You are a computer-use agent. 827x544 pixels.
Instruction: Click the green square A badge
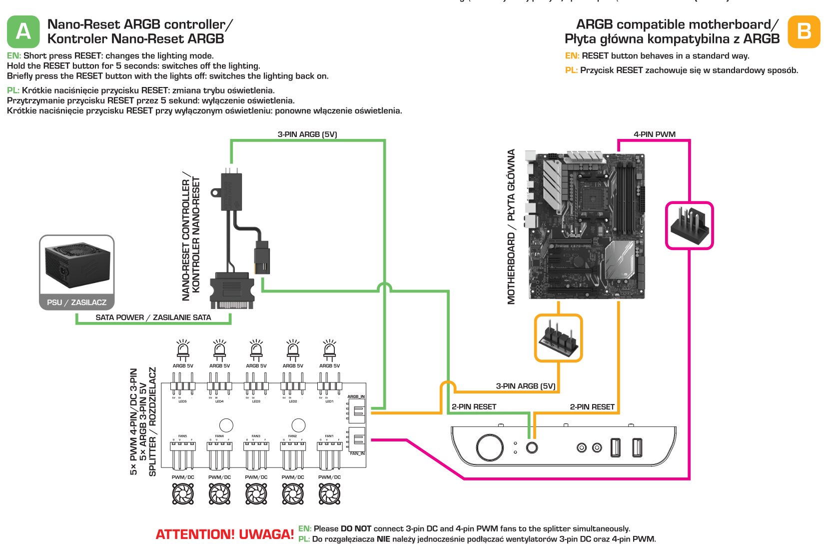(x=23, y=31)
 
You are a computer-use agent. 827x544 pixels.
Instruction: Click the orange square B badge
(x=804, y=31)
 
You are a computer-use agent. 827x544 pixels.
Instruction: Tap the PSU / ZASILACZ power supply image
(x=77, y=265)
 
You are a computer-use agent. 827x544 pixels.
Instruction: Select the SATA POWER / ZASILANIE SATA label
(x=153, y=317)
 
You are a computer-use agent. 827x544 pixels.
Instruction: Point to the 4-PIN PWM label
(x=654, y=134)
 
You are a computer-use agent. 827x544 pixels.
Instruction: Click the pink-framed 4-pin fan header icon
(x=689, y=225)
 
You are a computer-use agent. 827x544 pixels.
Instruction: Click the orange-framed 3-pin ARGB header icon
(x=558, y=338)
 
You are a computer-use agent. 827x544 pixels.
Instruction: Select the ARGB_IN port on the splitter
(x=357, y=411)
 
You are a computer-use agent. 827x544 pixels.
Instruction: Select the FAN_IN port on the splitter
(x=357, y=439)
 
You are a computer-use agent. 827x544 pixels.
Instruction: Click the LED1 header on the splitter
(x=330, y=388)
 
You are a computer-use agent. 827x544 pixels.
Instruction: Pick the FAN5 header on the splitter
(x=183, y=445)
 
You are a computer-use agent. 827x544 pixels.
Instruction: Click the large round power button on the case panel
(x=490, y=447)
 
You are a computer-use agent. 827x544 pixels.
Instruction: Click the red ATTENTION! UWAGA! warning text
(x=224, y=534)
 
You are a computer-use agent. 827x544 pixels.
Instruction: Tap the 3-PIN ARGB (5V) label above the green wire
(x=307, y=134)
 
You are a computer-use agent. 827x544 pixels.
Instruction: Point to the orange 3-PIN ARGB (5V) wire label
(x=525, y=386)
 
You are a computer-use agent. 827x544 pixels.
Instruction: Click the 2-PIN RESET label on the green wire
(x=474, y=407)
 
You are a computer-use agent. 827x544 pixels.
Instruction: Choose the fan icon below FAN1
(x=330, y=494)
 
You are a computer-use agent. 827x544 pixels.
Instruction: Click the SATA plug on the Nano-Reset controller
(x=232, y=291)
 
